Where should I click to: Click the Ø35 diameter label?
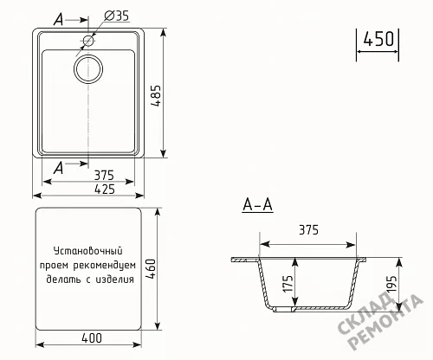(116, 16)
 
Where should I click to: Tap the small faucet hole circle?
(88, 41)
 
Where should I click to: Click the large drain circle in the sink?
(88, 69)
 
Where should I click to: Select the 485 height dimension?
(156, 95)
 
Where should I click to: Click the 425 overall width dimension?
(105, 190)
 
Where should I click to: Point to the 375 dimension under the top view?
(104, 175)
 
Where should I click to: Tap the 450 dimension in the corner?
(378, 39)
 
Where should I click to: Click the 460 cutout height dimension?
(152, 269)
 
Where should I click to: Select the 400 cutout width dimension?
(92, 338)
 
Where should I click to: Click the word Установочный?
(88, 251)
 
